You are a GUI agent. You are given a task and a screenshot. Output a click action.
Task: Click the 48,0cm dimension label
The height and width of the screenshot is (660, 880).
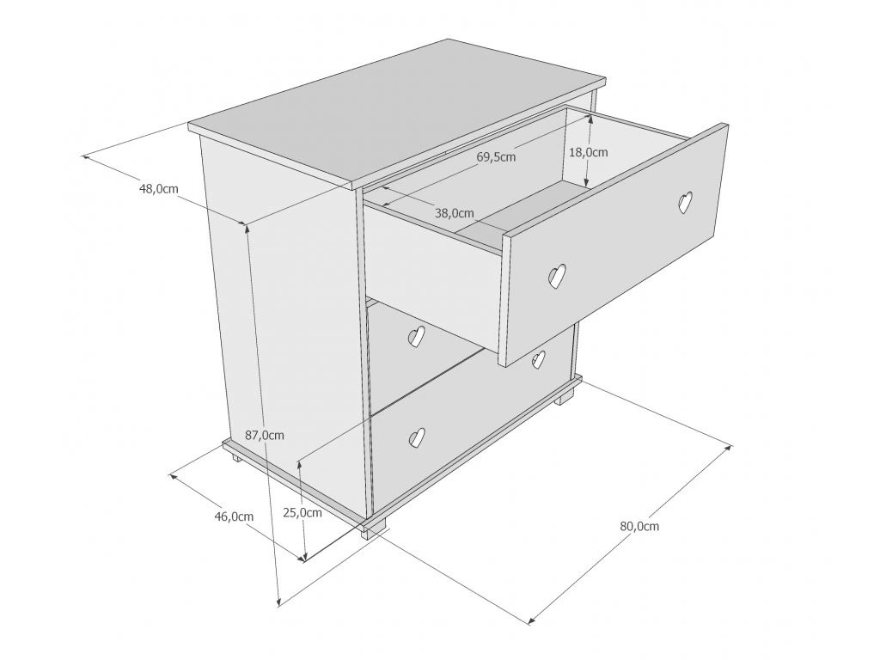click(x=159, y=189)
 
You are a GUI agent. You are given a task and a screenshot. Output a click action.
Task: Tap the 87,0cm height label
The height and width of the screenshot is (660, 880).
click(x=265, y=435)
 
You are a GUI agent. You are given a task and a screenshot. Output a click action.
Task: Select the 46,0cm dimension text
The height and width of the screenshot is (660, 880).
click(x=234, y=516)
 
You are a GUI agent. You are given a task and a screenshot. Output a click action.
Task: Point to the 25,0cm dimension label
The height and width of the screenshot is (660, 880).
click(x=302, y=513)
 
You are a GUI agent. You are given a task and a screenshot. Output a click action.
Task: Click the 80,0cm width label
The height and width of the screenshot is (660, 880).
click(x=639, y=527)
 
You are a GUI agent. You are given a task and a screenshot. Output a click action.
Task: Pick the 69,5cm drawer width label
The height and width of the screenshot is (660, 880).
click(x=496, y=157)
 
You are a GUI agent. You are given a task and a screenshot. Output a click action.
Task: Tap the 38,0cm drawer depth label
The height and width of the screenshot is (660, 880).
click(x=455, y=213)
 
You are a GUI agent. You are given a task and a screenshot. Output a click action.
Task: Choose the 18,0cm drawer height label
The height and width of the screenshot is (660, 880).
click(x=589, y=152)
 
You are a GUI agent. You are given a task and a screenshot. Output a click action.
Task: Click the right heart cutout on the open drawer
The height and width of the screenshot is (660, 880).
click(x=685, y=202)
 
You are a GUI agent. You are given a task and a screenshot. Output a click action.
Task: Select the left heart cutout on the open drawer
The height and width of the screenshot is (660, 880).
click(x=555, y=277)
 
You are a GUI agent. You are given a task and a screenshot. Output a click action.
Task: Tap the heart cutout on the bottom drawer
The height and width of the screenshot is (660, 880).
click(x=417, y=437)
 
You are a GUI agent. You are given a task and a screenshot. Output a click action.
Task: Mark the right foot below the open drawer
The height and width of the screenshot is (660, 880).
click(x=565, y=398)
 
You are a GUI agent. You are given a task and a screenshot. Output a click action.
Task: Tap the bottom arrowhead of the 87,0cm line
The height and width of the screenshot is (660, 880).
click(x=278, y=601)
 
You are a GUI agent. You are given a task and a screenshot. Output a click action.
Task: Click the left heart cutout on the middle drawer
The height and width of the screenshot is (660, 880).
click(x=416, y=337)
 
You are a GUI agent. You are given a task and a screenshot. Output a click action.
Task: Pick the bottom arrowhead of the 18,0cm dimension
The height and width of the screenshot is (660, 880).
click(x=586, y=182)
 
